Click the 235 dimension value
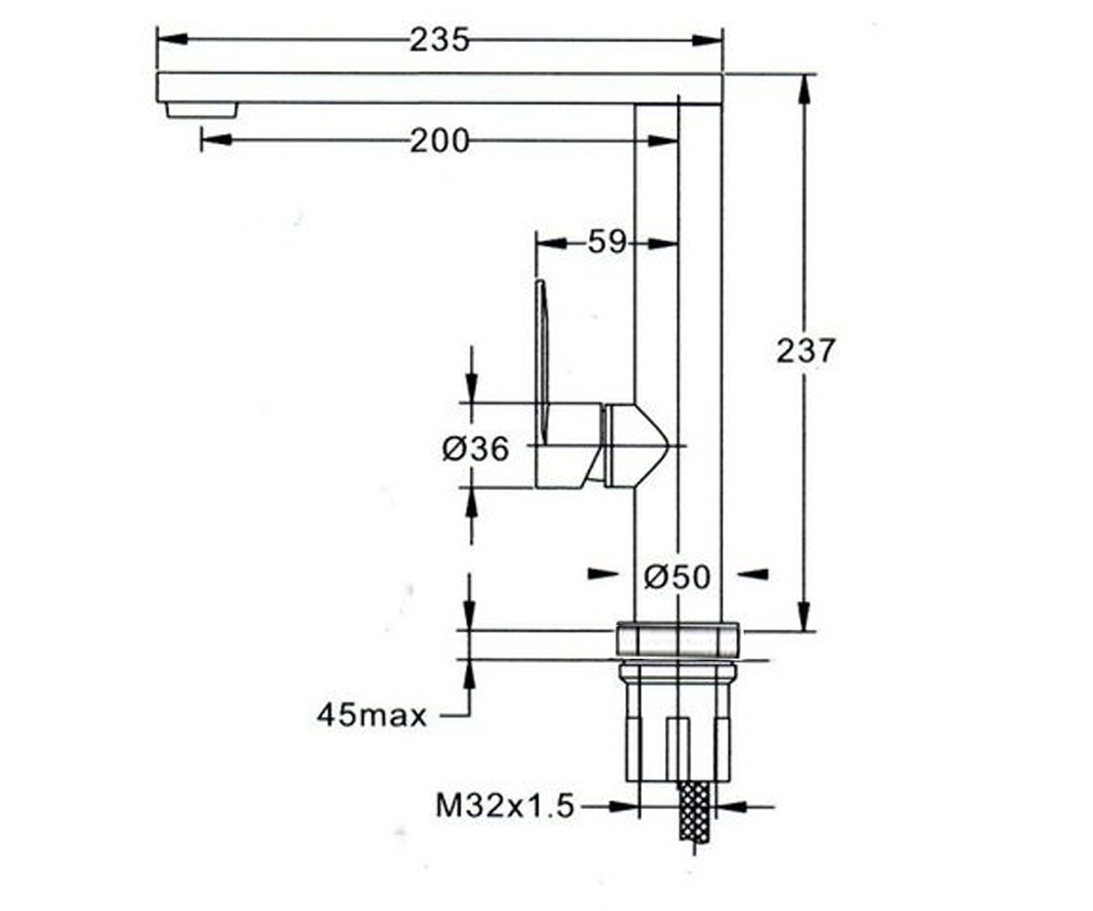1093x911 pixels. pyautogui.click(x=439, y=40)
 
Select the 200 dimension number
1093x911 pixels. pyautogui.click(x=439, y=141)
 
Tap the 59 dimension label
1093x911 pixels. pyautogui.click(x=607, y=242)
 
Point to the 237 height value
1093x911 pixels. pyautogui.click(x=804, y=352)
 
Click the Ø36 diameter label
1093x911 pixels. pyautogui.click(x=475, y=449)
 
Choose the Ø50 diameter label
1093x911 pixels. pyautogui.click(x=677, y=577)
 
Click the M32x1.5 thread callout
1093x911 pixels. pyautogui.click(x=505, y=805)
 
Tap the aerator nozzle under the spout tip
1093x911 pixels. pyautogui.click(x=201, y=110)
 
